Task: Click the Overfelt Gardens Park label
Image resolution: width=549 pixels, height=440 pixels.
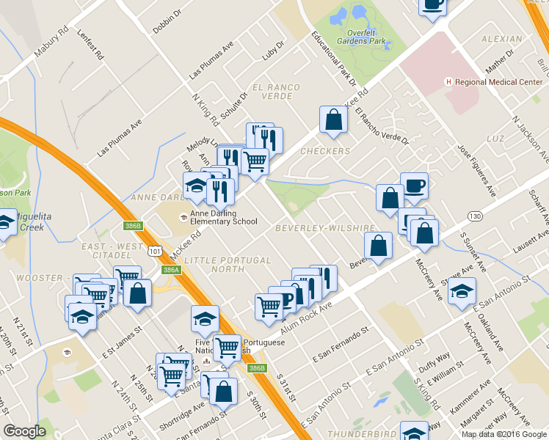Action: click(361, 37)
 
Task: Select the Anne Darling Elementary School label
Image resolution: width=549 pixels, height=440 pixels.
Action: click(224, 218)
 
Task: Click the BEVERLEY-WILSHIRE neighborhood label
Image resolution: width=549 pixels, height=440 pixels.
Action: click(325, 229)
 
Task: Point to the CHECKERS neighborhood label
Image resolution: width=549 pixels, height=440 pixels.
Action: click(325, 151)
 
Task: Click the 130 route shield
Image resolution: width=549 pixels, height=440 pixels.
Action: click(475, 216)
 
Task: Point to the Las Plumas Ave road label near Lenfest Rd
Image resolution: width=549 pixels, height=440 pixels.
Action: click(211, 60)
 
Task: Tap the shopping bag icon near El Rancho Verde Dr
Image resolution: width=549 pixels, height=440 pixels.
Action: click(333, 120)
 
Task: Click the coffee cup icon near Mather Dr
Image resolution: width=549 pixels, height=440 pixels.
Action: click(432, 4)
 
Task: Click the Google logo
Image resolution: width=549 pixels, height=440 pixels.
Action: click(24, 431)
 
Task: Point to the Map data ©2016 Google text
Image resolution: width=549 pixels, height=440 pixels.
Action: click(503, 434)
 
